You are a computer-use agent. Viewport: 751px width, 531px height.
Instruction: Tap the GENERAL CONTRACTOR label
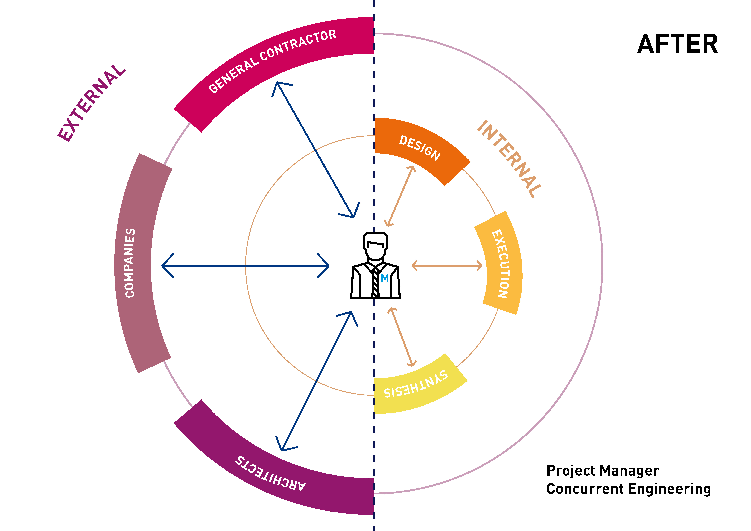pyautogui.click(x=272, y=61)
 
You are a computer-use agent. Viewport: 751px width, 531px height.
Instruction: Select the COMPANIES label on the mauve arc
pyautogui.click(x=130, y=263)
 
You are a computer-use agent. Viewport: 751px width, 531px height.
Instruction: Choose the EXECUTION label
pyautogui.click(x=500, y=264)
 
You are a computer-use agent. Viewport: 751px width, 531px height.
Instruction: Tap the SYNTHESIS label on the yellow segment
pyautogui.click(x=415, y=384)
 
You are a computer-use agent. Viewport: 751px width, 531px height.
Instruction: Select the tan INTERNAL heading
pyautogui.click(x=509, y=159)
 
